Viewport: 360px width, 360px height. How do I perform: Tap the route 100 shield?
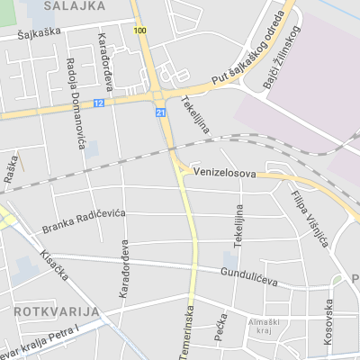[139, 31]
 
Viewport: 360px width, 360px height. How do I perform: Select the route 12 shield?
[98, 103]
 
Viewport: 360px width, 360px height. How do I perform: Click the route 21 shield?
[160, 112]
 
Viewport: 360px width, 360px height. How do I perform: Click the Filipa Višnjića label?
[310, 217]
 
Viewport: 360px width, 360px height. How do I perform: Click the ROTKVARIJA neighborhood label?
[56, 310]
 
